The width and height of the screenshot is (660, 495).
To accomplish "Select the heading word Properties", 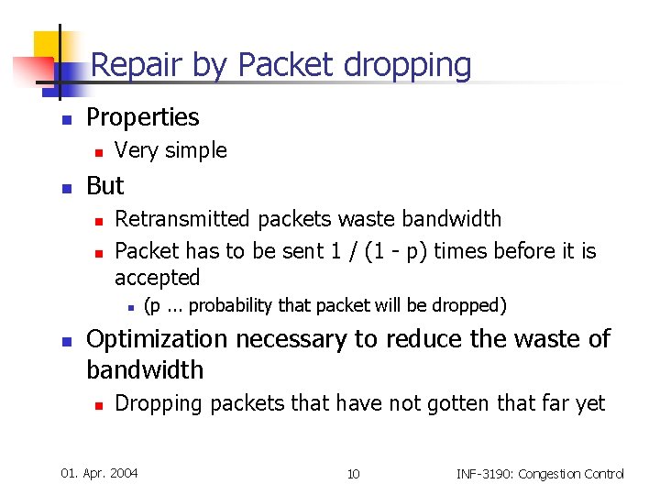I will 142,117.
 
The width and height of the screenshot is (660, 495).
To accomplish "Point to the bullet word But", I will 104,186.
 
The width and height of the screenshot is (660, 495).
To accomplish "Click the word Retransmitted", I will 183,219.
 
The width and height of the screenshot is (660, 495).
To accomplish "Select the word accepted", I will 157,278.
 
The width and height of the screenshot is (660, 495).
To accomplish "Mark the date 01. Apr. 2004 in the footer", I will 99,473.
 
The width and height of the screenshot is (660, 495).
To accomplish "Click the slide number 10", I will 353,474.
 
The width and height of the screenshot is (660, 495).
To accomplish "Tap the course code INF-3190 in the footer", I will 489,474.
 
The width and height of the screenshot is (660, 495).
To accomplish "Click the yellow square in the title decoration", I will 49,46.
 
